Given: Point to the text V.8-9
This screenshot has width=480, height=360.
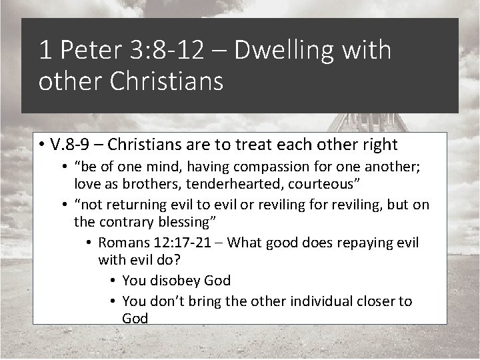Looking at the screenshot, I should pos(76,145).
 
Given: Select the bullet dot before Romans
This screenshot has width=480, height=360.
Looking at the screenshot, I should pos(89,243).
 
